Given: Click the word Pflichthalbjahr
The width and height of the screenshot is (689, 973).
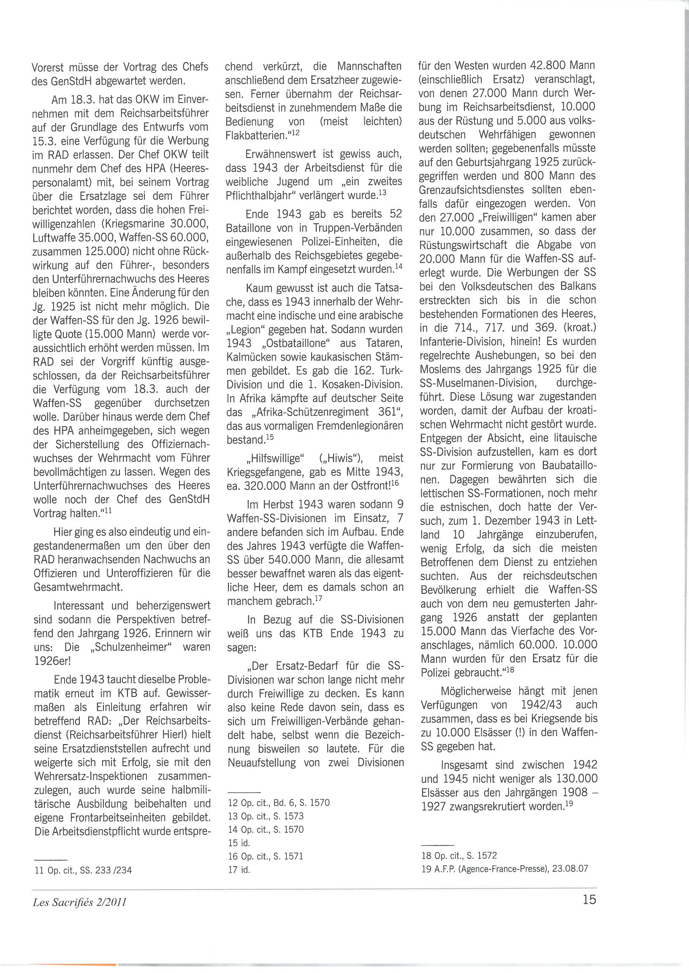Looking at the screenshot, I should tap(265, 196).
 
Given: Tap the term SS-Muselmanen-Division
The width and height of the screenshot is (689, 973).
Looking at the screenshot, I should tap(478, 383).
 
